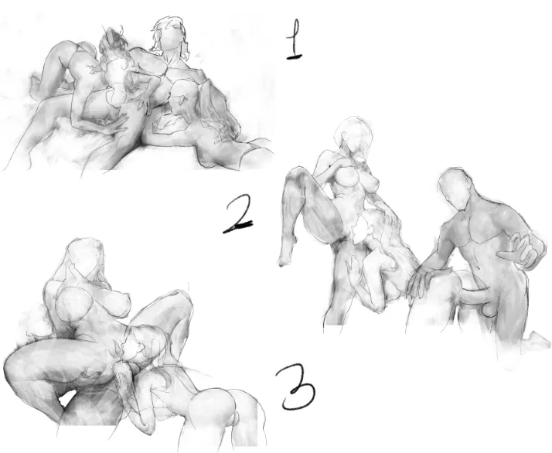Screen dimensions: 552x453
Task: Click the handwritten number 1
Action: pyautogui.click(x=295, y=39)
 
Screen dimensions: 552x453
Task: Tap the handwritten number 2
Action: pyautogui.click(x=237, y=215)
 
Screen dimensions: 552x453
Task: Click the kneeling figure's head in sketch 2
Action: pyautogui.click(x=456, y=190)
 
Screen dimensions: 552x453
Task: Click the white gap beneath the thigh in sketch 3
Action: pyautogui.click(x=67, y=398)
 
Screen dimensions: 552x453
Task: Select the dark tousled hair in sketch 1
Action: pyautogui.click(x=113, y=39)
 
